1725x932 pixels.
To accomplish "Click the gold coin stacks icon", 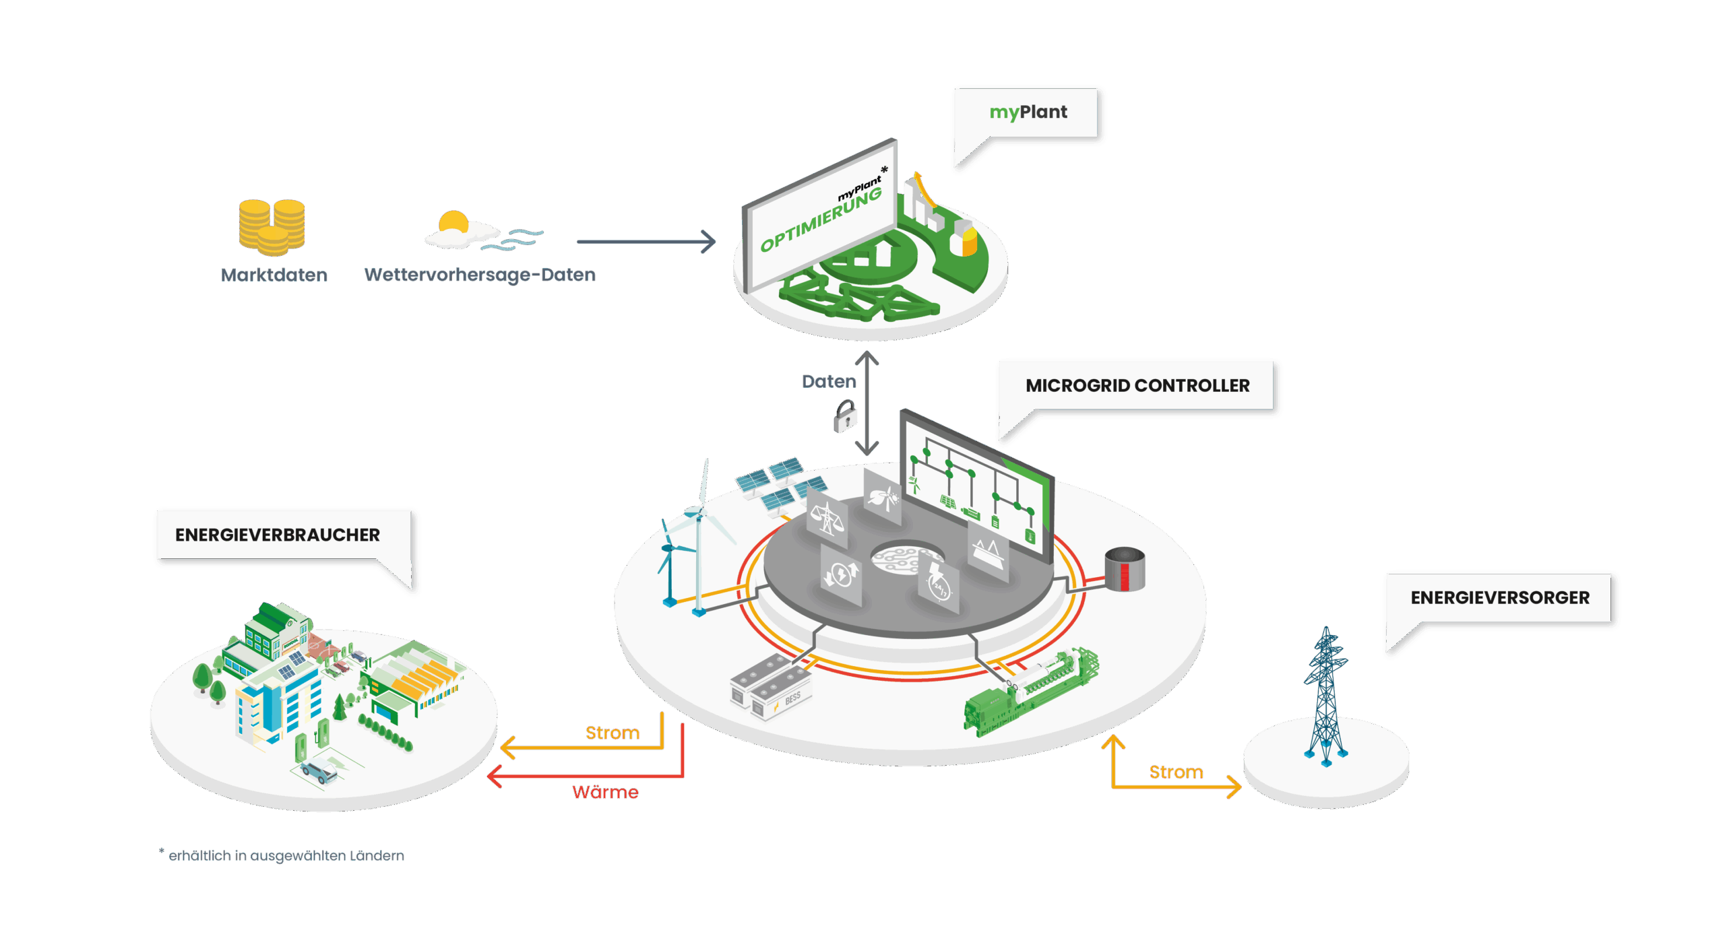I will tap(272, 228).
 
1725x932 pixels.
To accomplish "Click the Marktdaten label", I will tap(274, 275).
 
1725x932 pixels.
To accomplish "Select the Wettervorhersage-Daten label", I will tap(480, 275).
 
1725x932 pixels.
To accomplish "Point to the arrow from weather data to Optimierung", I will tap(646, 242).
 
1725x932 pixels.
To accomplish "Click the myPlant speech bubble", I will tap(1028, 112).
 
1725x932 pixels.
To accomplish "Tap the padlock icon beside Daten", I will tap(844, 416).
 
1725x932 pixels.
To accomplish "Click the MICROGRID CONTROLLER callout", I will tap(1137, 386).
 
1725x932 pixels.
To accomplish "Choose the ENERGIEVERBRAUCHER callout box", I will tap(278, 535).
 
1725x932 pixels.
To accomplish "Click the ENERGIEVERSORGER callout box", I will tap(1499, 598).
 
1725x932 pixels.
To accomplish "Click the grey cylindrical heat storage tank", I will tap(1124, 570).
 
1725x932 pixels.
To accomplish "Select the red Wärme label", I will tap(605, 792).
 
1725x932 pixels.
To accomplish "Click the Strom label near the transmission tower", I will tap(1176, 772).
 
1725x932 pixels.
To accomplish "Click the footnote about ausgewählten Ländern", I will tap(283, 855).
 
